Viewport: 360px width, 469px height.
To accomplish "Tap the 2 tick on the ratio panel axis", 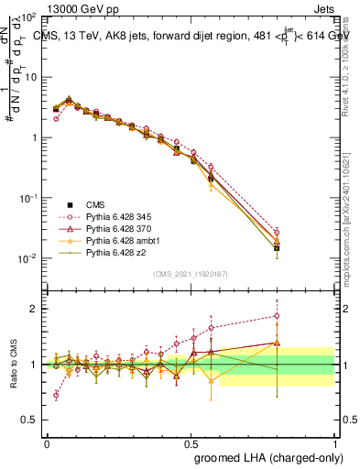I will (33, 309).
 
